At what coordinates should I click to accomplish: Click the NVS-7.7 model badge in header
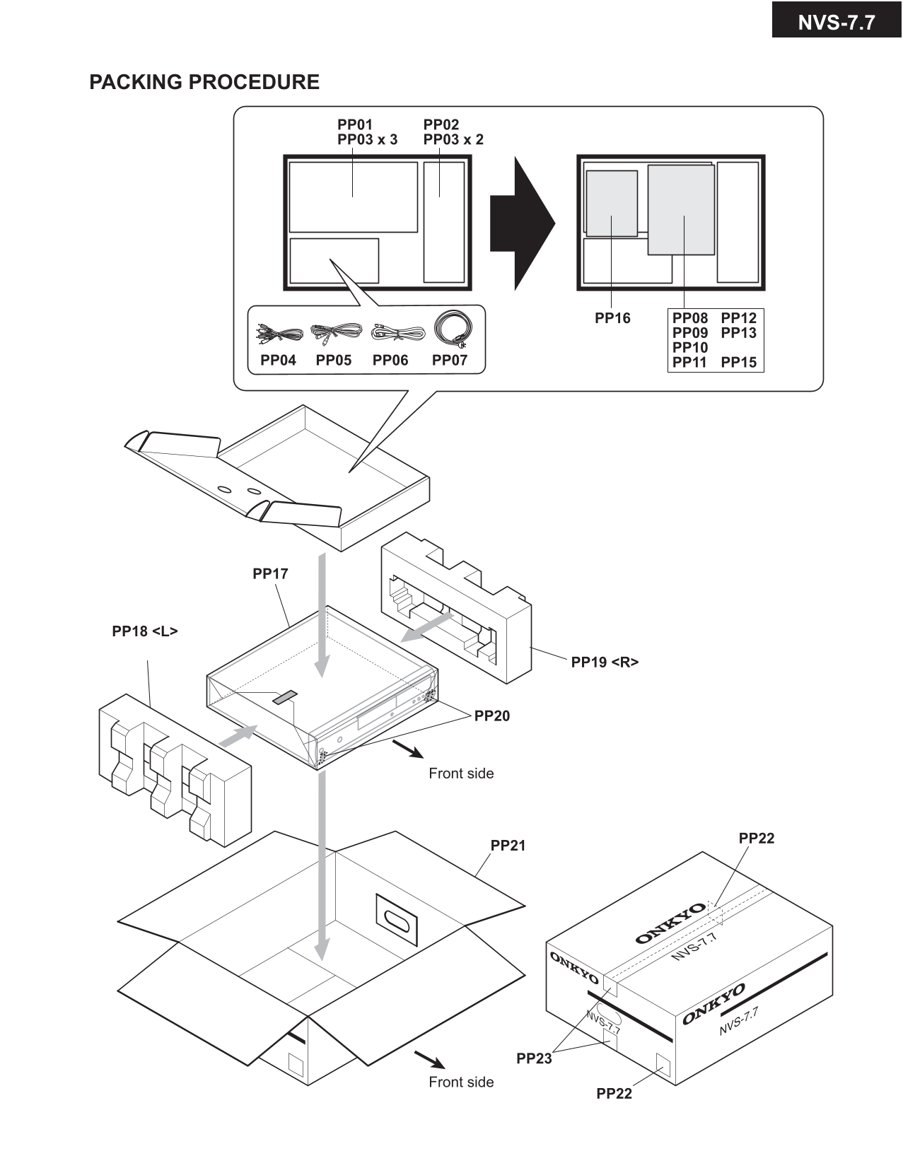[836, 23]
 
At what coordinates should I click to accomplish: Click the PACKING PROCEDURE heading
[204, 82]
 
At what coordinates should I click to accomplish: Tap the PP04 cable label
[278, 360]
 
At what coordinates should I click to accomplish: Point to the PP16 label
[612, 318]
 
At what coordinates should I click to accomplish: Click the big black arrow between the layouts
[523, 223]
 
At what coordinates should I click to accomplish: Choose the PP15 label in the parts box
[738, 362]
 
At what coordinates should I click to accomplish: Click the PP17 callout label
[270, 573]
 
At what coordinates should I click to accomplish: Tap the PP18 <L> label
[145, 631]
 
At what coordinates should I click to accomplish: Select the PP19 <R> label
[605, 662]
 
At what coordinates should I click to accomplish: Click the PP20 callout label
[491, 716]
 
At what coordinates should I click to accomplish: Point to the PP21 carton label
[508, 846]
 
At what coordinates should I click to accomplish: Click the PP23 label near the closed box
[534, 1058]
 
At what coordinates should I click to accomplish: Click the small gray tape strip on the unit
[285, 697]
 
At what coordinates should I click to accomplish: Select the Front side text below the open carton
[461, 1082]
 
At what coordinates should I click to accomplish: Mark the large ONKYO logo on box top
[670, 923]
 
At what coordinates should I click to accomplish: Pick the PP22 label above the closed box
[756, 838]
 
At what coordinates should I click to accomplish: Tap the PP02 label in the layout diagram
[441, 124]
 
